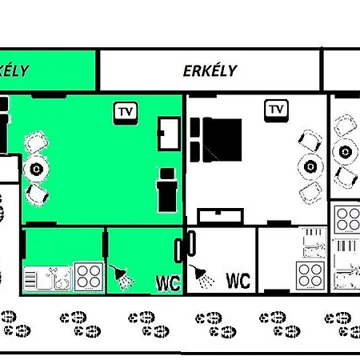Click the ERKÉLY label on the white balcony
(210, 70)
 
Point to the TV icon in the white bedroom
(277, 109)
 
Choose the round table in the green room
(36, 169)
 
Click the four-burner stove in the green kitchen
(88, 277)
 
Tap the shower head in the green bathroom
(122, 277)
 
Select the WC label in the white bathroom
(238, 281)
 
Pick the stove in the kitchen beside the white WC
(310, 275)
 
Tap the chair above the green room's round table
(36, 145)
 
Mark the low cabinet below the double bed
(220, 214)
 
